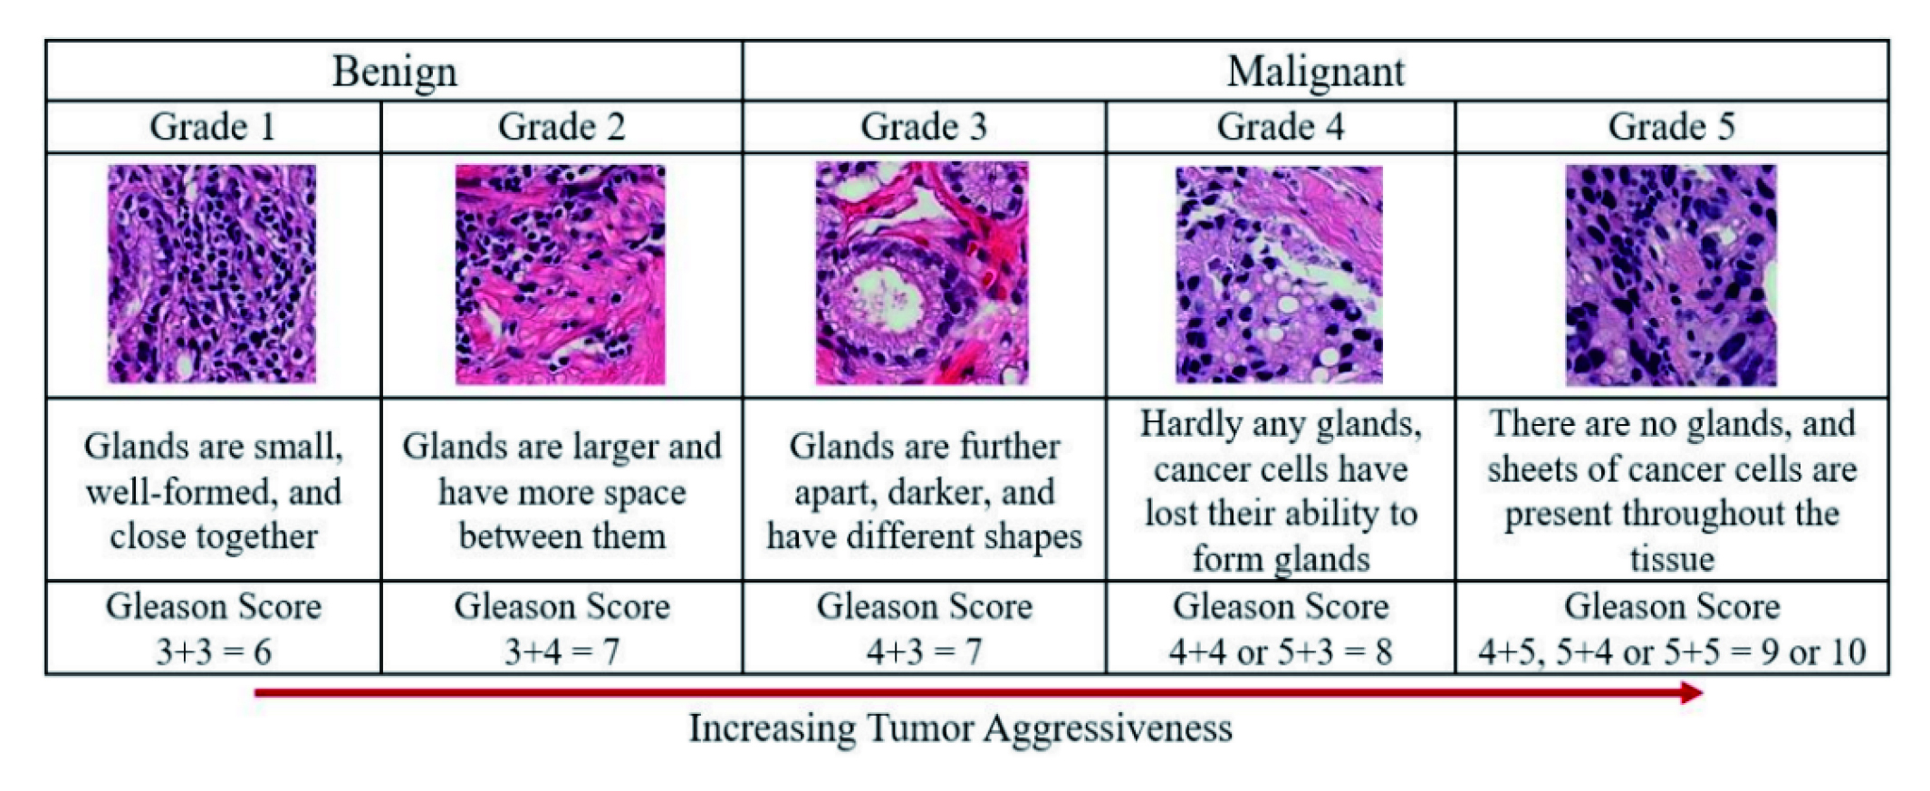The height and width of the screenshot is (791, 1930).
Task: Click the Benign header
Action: pyautogui.click(x=394, y=72)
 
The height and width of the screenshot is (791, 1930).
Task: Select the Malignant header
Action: pyautogui.click(x=1315, y=72)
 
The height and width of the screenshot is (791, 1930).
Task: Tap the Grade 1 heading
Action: pyautogui.click(x=213, y=127)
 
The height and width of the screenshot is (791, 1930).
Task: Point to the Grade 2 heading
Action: pyautogui.click(x=562, y=127)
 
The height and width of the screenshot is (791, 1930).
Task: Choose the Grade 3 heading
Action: pyautogui.click(x=924, y=127)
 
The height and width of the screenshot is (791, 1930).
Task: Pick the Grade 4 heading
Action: pyautogui.click(x=1280, y=127)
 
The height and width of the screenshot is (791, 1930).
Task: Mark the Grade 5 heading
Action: pyautogui.click(x=1671, y=127)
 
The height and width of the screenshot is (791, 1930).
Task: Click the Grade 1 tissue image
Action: pyautogui.click(x=212, y=274)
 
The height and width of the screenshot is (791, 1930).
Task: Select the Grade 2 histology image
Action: pyautogui.click(x=560, y=274)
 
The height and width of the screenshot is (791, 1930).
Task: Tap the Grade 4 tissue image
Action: pyautogui.click(x=1279, y=275)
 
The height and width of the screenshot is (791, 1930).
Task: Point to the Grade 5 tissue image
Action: pyautogui.click(x=1671, y=275)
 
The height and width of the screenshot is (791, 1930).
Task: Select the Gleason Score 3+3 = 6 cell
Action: pyautogui.click(x=214, y=628)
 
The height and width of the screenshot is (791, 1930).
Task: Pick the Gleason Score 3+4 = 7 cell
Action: pyautogui.click(x=562, y=628)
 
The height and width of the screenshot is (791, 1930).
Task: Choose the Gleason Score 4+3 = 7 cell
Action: pyautogui.click(x=924, y=628)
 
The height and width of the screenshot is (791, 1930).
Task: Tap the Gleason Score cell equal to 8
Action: pyautogui.click(x=1280, y=628)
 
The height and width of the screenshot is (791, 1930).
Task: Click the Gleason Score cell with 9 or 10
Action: pyautogui.click(x=1672, y=628)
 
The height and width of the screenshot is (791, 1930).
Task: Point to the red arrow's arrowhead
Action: pyautogui.click(x=1692, y=693)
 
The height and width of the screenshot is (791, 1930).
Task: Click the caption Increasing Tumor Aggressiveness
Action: pyautogui.click(x=960, y=728)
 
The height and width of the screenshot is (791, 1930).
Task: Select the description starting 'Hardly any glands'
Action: pyautogui.click(x=1280, y=490)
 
